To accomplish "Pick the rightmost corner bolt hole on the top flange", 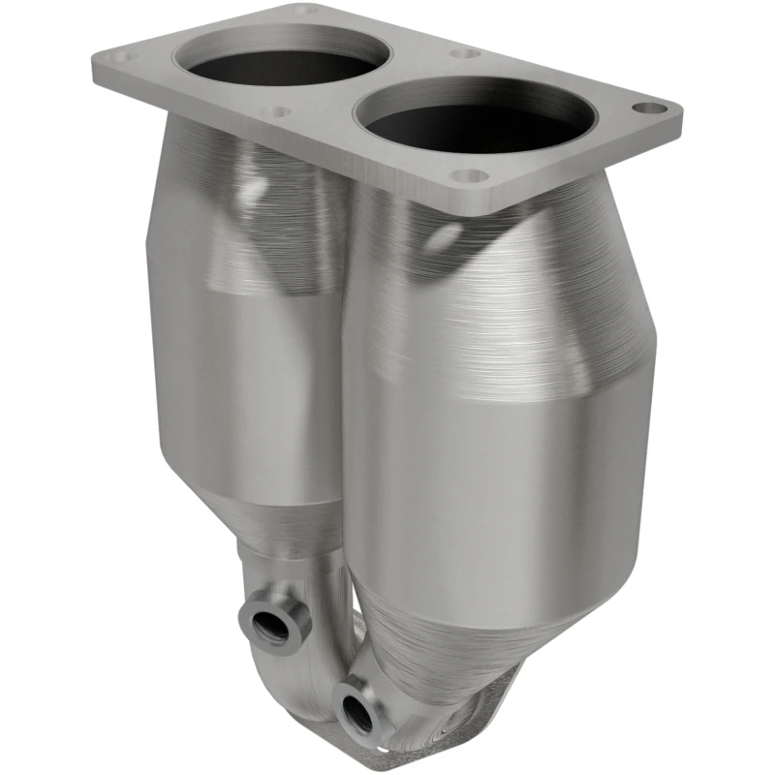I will pos(655,108).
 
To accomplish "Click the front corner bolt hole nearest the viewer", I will pos(470,176).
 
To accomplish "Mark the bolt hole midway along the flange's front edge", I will pos(276,112).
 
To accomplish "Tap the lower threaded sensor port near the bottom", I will pos(353,708).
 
